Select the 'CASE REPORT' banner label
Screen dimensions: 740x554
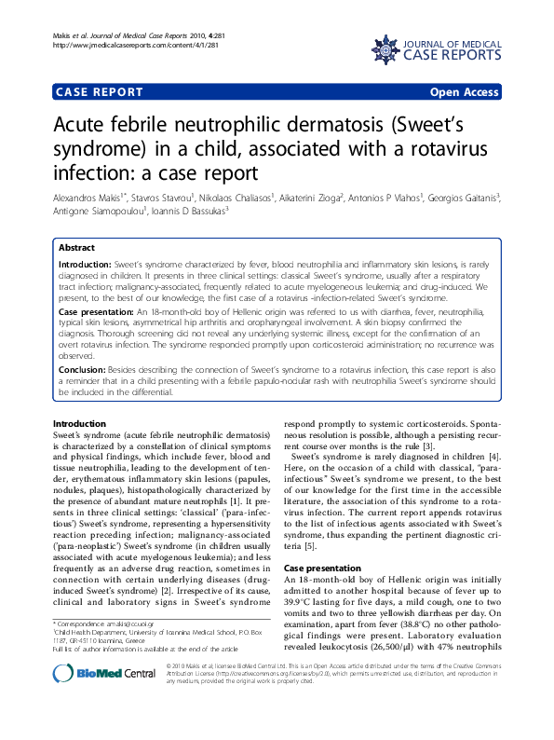[x=100, y=92]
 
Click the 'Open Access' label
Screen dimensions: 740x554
[x=464, y=92]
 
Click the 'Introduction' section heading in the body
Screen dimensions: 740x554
[x=81, y=424]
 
